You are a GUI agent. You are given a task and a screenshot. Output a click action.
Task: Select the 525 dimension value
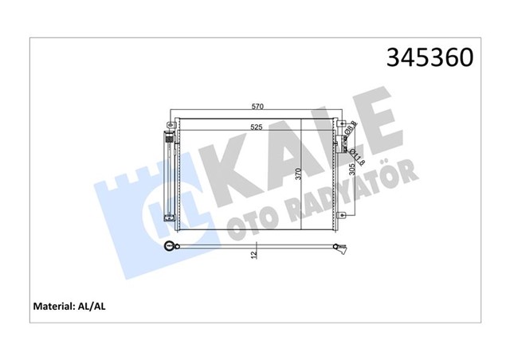point(257,127)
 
